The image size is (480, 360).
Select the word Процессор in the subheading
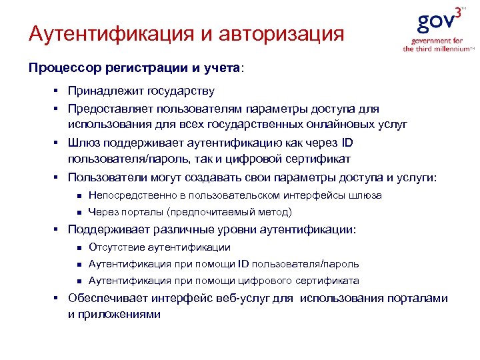pyautogui.click(x=57, y=68)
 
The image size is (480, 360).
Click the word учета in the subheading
pyautogui.click(x=225, y=68)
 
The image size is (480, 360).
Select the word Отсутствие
pyautogui.click(x=115, y=247)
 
